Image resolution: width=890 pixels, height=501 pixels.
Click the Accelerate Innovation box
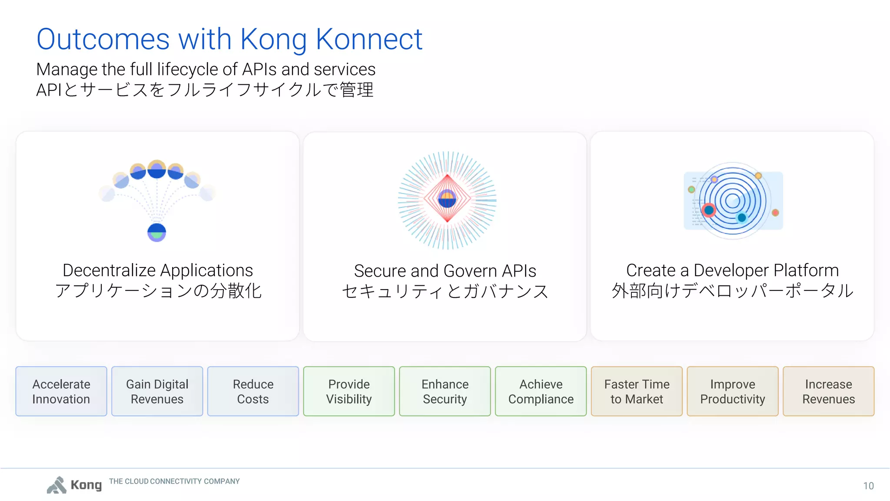pyautogui.click(x=61, y=391)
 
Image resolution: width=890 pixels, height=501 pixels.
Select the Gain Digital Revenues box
pyautogui.click(x=157, y=391)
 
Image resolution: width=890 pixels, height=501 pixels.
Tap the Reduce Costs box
pyautogui.click(x=253, y=391)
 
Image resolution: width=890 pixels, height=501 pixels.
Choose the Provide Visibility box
pyautogui.click(x=349, y=391)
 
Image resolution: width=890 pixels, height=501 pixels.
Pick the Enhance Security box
pyautogui.click(x=445, y=391)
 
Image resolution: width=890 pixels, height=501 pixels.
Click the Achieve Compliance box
pyautogui.click(x=541, y=391)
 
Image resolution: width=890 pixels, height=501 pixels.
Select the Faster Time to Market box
pyautogui.click(x=637, y=391)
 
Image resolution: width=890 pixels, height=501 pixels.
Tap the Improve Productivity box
pyautogui.click(x=733, y=391)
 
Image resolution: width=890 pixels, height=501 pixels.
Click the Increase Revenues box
pyautogui.click(x=828, y=391)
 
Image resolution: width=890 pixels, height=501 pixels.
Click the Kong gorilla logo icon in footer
pyautogui.click(x=57, y=485)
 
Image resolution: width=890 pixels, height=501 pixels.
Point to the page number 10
pyautogui.click(x=868, y=486)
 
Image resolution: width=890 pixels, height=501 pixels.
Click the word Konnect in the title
pyautogui.click(x=369, y=39)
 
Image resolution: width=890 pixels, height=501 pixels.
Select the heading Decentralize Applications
pyautogui.click(x=158, y=271)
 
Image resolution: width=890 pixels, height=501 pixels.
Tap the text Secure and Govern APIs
pyautogui.click(x=445, y=271)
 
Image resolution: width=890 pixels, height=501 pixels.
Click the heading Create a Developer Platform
pyautogui.click(x=732, y=271)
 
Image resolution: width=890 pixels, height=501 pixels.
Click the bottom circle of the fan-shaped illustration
pyautogui.click(x=156, y=232)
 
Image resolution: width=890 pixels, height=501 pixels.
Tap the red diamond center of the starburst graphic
pyautogui.click(x=447, y=199)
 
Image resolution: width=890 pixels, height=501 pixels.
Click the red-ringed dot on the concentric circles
pyautogui.click(x=709, y=210)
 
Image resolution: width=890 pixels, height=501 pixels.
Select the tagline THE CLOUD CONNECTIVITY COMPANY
pyautogui.click(x=174, y=481)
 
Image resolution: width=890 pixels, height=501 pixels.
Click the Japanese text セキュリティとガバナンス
pyautogui.click(x=445, y=291)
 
